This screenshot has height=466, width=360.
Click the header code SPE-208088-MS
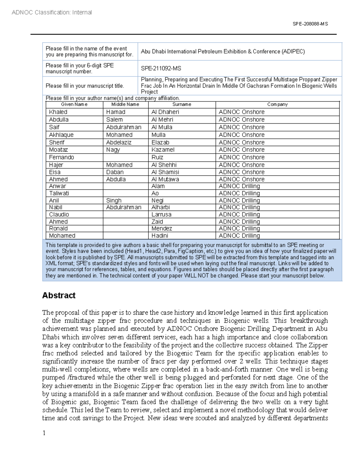click(x=310, y=24)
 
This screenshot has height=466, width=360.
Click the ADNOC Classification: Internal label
click(x=52, y=12)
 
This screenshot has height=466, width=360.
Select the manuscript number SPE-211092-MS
click(x=161, y=68)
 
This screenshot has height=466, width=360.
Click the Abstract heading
click(x=59, y=296)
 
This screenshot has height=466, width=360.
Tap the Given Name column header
click(x=74, y=104)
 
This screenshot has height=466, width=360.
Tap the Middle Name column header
click(x=125, y=104)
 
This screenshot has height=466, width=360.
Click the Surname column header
click(x=181, y=104)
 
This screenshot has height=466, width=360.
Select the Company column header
click(x=277, y=104)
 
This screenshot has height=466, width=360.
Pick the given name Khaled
click(x=58, y=112)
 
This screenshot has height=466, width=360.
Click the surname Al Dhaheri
click(x=165, y=112)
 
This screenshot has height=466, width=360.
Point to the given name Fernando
click(x=61, y=157)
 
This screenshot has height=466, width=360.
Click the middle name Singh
click(x=114, y=200)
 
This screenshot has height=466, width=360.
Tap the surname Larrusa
click(x=161, y=215)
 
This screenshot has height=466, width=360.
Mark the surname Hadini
click(x=160, y=236)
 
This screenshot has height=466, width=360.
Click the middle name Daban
click(x=115, y=172)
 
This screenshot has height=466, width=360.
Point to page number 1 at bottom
click(x=44, y=433)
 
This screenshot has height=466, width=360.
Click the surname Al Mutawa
click(x=165, y=179)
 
